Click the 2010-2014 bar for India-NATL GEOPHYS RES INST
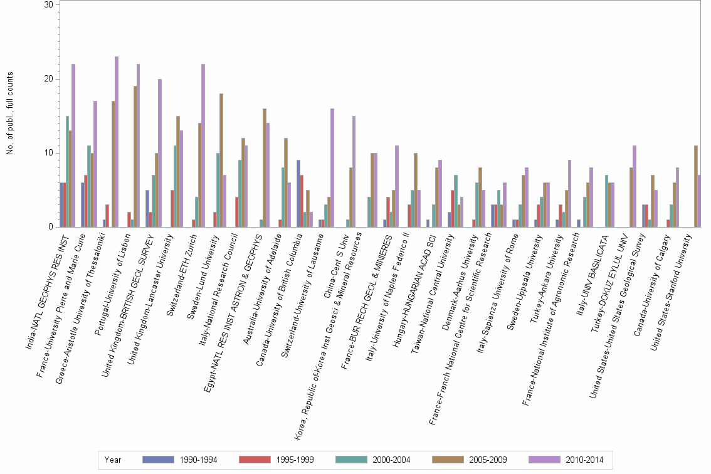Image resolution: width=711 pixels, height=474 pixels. click(73, 145)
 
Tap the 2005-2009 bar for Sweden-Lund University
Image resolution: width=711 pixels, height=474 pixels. click(221, 160)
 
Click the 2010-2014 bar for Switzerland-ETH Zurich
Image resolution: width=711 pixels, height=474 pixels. click(203, 145)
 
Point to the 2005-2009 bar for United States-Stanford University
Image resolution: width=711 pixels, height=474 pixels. click(696, 186)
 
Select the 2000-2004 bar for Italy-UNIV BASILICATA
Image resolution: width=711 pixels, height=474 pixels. click(606, 201)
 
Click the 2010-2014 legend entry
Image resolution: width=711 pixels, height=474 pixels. click(566, 460)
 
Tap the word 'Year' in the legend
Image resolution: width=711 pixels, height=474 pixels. click(113, 460)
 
